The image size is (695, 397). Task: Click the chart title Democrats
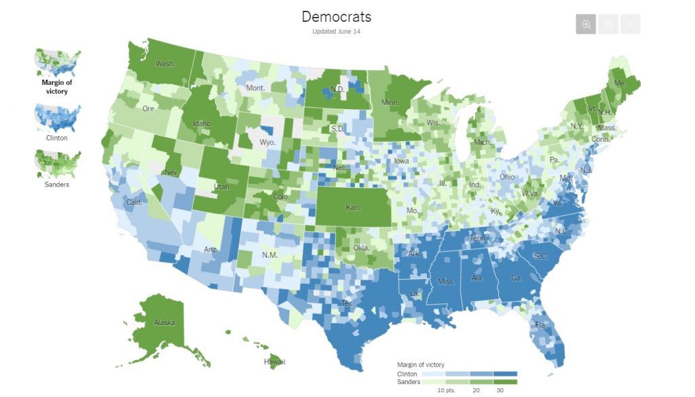[x=336, y=16]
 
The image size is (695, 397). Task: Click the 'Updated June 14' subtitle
[x=336, y=32]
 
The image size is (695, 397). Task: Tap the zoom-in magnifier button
[x=586, y=24]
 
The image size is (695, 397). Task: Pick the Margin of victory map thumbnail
[x=58, y=62]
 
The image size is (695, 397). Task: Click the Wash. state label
[x=165, y=64]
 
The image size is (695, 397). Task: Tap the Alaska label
[x=164, y=322]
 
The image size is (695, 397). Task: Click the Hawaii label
[x=275, y=362]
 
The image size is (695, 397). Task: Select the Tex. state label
[x=347, y=303]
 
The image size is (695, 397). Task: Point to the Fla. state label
[x=540, y=324]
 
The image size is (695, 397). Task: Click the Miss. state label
[x=446, y=281]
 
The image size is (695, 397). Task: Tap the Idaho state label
[x=202, y=124]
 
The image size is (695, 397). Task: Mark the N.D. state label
[x=337, y=89]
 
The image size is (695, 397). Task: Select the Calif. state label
[x=135, y=202]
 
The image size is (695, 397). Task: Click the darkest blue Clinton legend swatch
[x=505, y=374]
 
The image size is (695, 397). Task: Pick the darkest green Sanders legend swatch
[x=505, y=382]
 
